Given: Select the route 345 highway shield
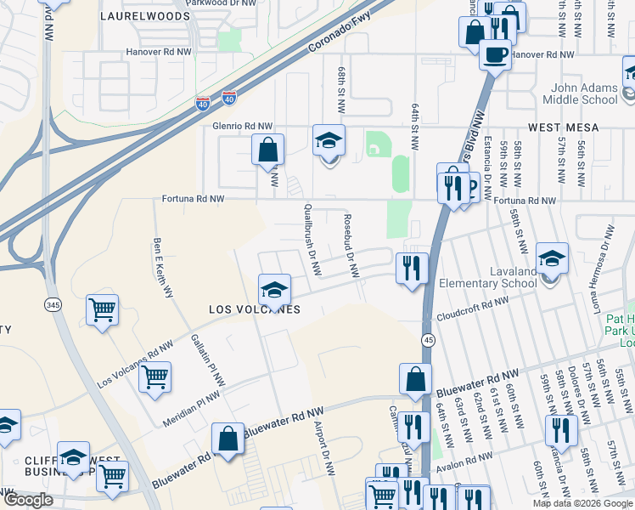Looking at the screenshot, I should (53, 303).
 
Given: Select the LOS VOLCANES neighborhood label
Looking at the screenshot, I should (255, 310).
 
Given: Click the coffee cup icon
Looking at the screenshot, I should (494, 55).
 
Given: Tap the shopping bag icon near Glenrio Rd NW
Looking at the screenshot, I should (267, 150).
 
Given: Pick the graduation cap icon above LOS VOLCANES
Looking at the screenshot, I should (274, 290).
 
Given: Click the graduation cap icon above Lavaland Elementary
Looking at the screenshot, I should (552, 258).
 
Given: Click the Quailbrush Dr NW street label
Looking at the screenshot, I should (312, 240).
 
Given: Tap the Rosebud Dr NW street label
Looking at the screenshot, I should (349, 245).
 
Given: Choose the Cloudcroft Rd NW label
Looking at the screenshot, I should (473, 309).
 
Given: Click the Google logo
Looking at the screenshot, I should (28, 500).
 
